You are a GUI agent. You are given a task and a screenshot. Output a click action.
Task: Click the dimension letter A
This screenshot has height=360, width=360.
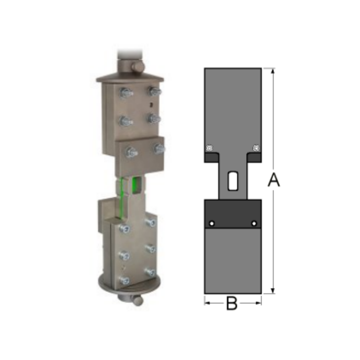[x=274, y=180]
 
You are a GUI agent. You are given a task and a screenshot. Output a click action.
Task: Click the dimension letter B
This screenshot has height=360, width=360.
[x=231, y=304]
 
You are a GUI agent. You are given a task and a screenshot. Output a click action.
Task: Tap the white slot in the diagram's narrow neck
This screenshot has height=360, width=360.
[x=233, y=180]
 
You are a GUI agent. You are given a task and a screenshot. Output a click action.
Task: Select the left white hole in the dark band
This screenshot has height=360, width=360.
[x=212, y=223]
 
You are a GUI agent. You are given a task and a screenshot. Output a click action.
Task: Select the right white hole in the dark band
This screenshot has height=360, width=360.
[x=254, y=223]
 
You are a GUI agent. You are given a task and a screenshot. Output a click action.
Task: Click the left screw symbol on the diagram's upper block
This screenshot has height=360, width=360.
[x=209, y=148]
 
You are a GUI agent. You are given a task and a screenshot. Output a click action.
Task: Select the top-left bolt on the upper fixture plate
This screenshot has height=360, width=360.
[x=126, y=93]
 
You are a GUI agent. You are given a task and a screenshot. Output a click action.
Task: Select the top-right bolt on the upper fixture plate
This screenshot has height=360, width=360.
[x=154, y=92]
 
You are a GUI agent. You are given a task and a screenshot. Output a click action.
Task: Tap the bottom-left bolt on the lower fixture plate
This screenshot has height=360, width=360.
[x=125, y=280]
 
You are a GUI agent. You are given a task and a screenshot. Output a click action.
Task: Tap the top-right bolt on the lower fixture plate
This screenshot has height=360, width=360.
[x=150, y=222]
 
